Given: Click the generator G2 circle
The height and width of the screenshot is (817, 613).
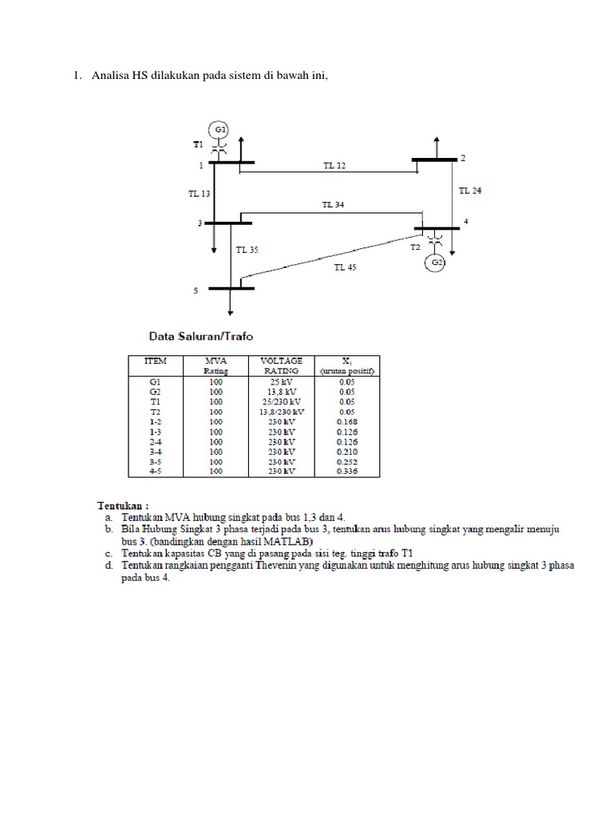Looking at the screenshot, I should click(x=436, y=262).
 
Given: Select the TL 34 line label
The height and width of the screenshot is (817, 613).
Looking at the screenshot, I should click(x=334, y=204).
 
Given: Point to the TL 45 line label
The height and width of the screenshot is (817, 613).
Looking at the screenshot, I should click(x=345, y=268).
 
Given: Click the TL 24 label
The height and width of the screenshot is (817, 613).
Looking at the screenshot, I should click(x=469, y=191).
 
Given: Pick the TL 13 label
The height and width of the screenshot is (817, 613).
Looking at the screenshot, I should click(x=200, y=193).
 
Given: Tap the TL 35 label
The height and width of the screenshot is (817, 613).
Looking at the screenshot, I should click(x=247, y=250).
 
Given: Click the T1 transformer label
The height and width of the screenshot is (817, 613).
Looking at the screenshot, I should click(x=198, y=145).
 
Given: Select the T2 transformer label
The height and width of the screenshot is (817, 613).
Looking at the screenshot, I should click(x=415, y=248).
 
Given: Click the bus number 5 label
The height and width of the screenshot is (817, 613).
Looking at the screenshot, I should click(x=195, y=292).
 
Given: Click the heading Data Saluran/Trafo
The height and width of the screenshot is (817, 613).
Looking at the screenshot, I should click(x=199, y=337).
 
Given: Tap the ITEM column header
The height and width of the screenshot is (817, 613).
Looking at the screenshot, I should click(x=155, y=361).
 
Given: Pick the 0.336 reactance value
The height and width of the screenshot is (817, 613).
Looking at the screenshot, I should click(x=348, y=472).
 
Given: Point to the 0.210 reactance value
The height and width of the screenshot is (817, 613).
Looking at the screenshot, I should click(x=348, y=452).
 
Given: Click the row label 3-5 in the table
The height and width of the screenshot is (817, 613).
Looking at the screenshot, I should click(x=155, y=461).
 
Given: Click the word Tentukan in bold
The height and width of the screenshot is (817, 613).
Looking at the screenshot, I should click(x=122, y=505).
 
